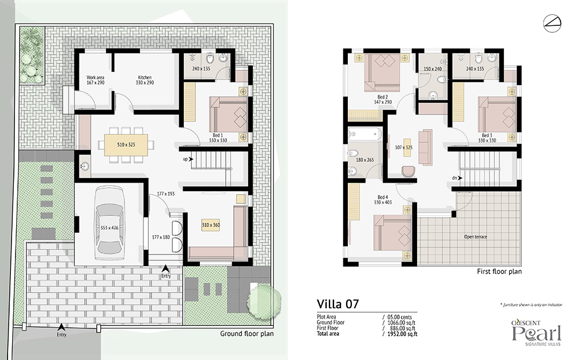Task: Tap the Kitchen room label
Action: coord(145,78)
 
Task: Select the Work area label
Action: coord(96,78)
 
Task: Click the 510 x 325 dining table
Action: coord(126,145)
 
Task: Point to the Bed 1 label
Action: coord(218,135)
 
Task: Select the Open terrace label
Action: coord(475,237)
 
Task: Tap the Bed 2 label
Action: coord(383,97)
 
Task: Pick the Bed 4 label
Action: coord(383,197)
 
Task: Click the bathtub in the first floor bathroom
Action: coord(365,134)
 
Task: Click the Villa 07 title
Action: coord(338,304)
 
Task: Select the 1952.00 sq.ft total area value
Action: coord(403,334)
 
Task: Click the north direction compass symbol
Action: coord(552,23)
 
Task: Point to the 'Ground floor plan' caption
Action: coord(247,334)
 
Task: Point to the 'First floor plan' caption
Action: coord(499,271)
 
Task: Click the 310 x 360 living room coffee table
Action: coord(210,225)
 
